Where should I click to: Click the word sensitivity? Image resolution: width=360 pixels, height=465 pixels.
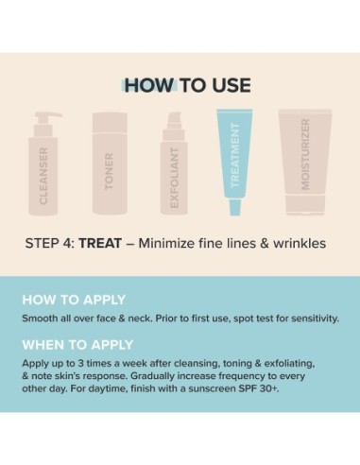306,318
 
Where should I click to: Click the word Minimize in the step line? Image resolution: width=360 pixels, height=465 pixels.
168,244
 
